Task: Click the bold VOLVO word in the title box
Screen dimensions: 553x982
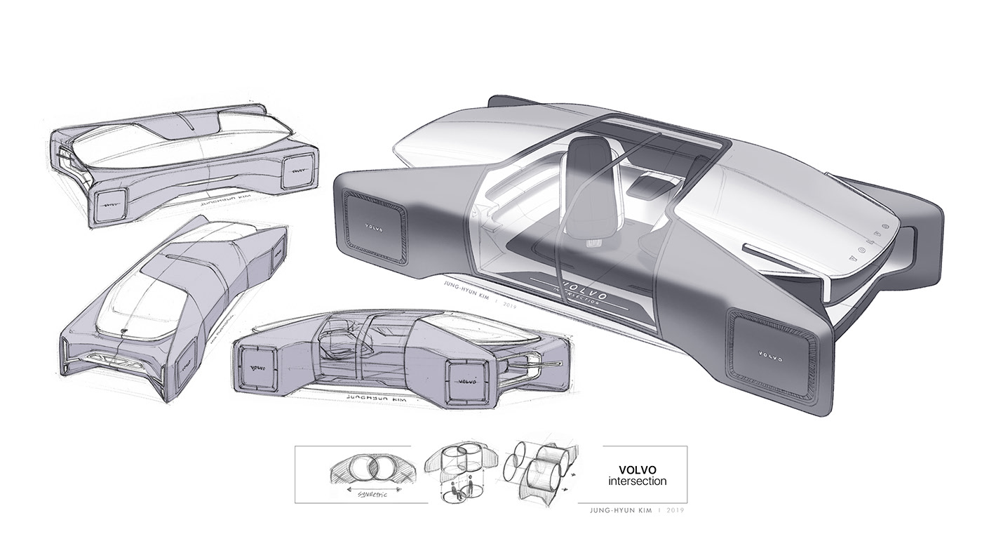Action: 638,469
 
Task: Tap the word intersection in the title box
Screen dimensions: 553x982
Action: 638,481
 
